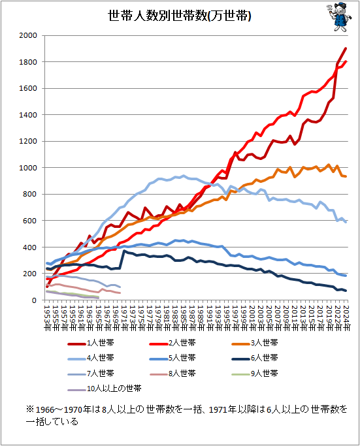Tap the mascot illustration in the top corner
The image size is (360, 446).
coord(338,17)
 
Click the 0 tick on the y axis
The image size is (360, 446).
coord(38,300)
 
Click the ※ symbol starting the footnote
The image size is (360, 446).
coord(30,409)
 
